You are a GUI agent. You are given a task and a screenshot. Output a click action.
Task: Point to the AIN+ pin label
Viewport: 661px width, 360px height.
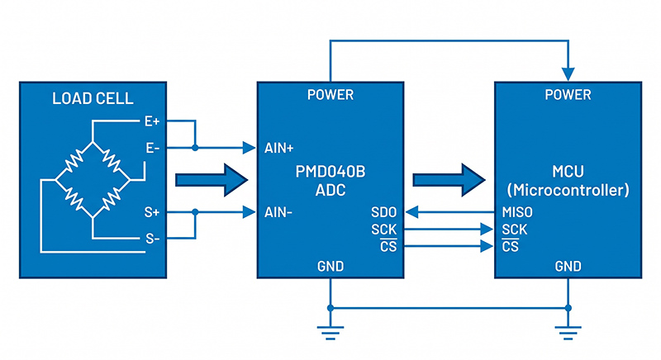click(x=281, y=149)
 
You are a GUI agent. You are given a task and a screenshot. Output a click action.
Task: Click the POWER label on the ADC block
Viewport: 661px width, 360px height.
click(x=330, y=95)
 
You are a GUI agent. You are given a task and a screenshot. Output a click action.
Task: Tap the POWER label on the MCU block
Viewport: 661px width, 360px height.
click(x=568, y=95)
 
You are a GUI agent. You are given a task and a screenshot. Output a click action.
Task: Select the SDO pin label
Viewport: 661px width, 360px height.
click(x=386, y=213)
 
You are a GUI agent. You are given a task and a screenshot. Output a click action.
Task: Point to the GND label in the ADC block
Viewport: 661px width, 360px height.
click(x=330, y=267)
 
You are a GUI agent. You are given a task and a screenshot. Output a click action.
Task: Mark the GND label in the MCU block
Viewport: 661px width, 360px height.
click(x=568, y=267)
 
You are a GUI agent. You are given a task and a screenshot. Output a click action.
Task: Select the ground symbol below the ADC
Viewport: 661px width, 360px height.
click(x=330, y=332)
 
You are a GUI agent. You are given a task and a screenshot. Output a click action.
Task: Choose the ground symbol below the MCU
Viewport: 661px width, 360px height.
click(x=568, y=332)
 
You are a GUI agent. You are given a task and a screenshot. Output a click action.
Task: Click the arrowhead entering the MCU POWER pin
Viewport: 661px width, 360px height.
click(x=568, y=72)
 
